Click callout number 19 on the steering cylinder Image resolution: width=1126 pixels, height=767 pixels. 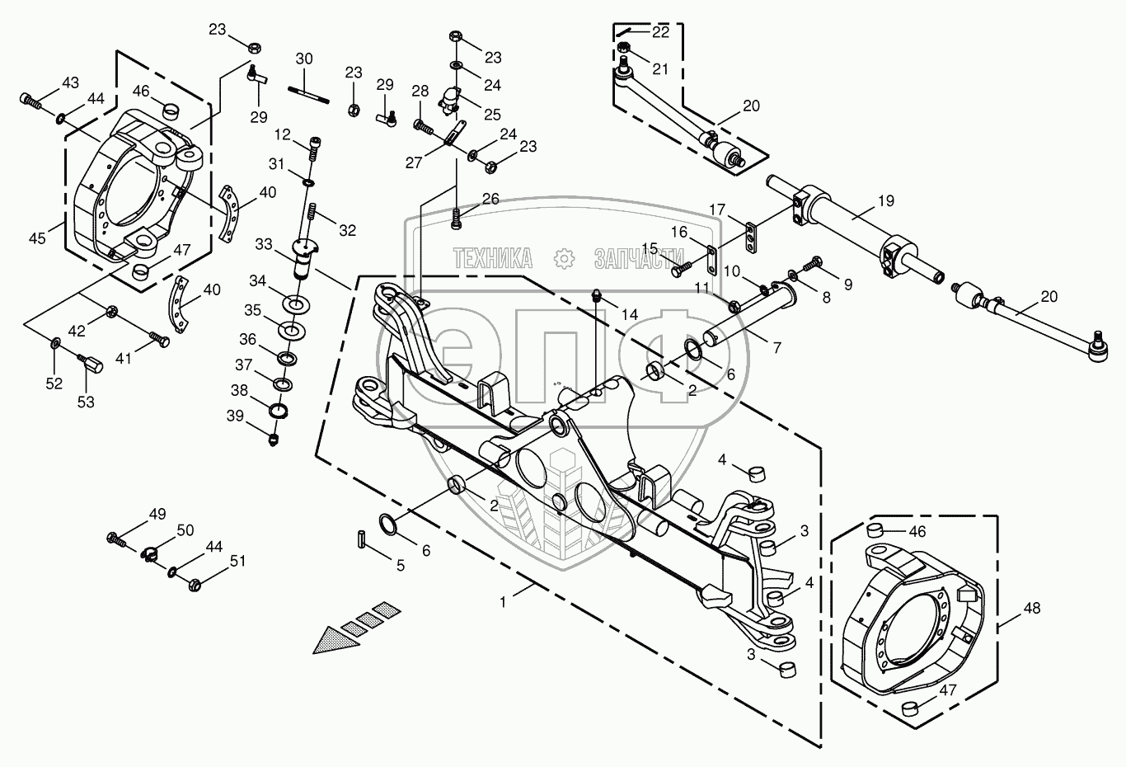(x=886, y=201)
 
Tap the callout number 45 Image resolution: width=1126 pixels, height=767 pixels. (x=37, y=238)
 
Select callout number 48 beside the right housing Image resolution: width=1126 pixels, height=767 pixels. (x=1032, y=609)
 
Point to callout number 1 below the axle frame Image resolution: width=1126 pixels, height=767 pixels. (x=503, y=602)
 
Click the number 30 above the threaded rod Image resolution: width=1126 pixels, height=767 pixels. (x=304, y=59)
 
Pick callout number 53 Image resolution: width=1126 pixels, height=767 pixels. (x=86, y=402)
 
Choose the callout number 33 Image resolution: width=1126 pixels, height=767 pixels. (x=264, y=244)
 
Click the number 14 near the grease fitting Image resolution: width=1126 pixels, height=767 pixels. (x=629, y=315)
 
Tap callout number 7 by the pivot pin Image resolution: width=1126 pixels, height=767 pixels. (x=777, y=347)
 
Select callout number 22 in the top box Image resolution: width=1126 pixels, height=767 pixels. (x=660, y=32)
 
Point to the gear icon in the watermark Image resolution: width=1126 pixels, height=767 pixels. (x=564, y=258)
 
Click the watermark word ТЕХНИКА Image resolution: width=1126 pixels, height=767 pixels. (x=493, y=258)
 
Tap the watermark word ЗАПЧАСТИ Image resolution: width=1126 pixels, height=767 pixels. (x=639, y=258)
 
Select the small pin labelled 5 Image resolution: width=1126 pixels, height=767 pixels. (x=362, y=538)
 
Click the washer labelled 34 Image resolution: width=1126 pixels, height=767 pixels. (x=296, y=304)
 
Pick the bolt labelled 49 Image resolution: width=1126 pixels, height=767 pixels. (x=116, y=540)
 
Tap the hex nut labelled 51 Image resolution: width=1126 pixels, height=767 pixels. (x=195, y=585)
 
